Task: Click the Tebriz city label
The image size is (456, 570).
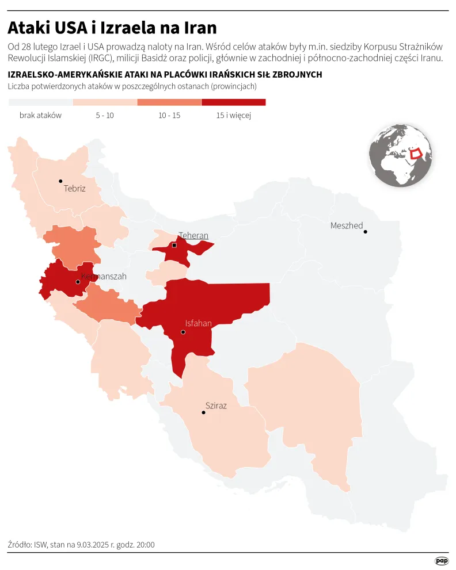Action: click(75, 188)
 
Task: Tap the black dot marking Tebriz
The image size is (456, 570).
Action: click(60, 181)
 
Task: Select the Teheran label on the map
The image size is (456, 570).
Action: click(193, 235)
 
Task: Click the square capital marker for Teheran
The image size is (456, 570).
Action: click(174, 246)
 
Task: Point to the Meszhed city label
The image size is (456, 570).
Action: click(347, 225)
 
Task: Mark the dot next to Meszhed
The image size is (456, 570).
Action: click(365, 232)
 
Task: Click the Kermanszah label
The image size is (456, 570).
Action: click(104, 277)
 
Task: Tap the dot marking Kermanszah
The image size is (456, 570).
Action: click(78, 282)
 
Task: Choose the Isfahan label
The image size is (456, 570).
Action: click(198, 323)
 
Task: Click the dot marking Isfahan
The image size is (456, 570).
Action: click(183, 332)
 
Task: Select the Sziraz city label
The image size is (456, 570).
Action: click(216, 405)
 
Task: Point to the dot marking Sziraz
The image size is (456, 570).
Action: click(203, 412)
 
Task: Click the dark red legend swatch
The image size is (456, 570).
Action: click(234, 102)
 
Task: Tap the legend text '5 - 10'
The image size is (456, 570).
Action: click(105, 115)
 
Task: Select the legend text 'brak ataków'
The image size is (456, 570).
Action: click(40, 115)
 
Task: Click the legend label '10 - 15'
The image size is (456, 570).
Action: click(169, 115)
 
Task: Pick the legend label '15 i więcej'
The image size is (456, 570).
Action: click(234, 115)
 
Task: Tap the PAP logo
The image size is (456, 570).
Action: click(442, 560)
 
